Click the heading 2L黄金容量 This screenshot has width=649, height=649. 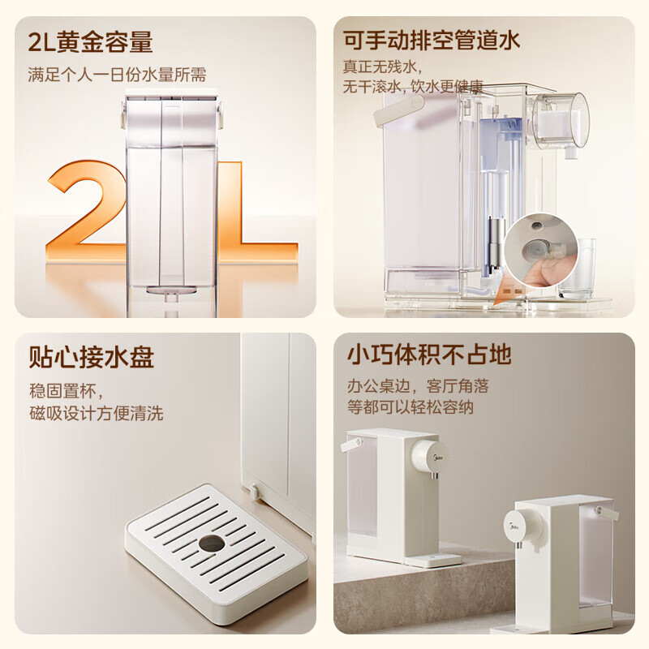point(90,41)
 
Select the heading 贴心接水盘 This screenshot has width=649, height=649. point(91,357)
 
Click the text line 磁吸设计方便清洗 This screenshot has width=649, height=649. point(96,414)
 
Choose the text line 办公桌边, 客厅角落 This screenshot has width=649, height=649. point(418,386)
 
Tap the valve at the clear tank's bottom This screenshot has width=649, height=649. point(170,291)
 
